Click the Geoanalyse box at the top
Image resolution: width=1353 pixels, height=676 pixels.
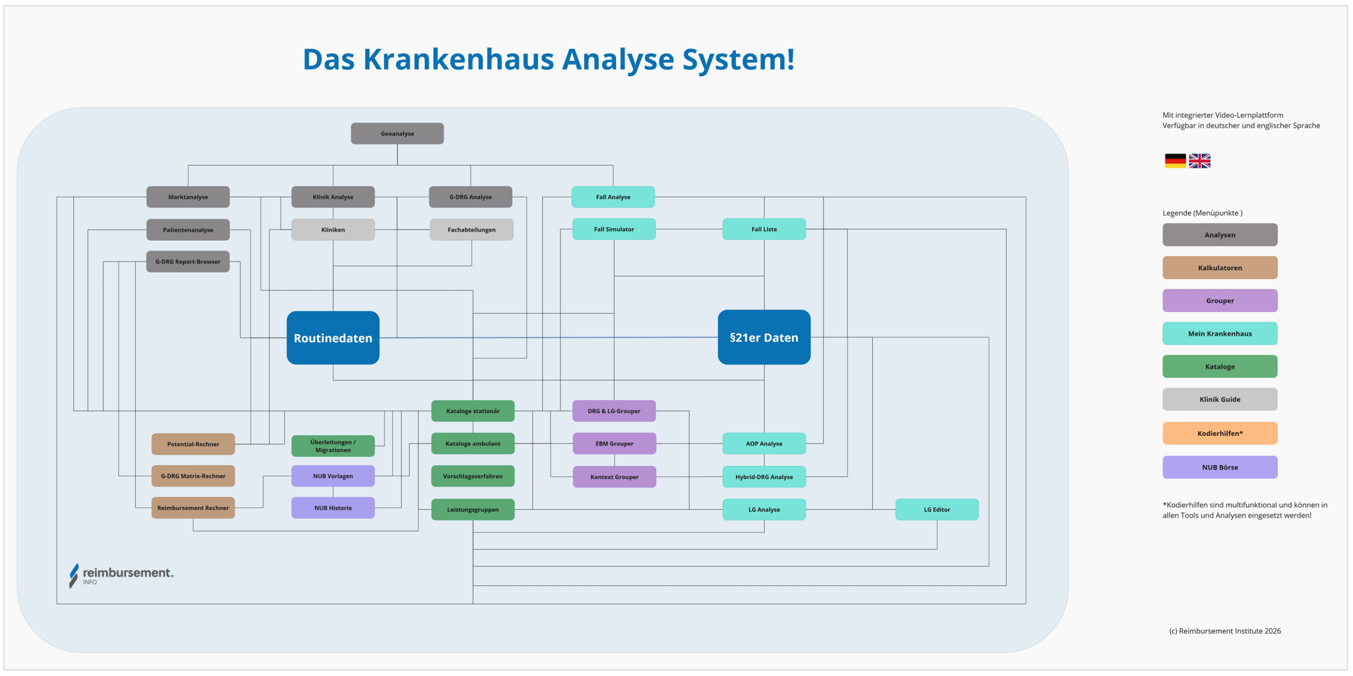(x=397, y=133)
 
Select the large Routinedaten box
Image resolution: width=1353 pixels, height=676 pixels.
(x=333, y=338)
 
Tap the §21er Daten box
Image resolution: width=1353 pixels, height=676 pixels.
(x=764, y=337)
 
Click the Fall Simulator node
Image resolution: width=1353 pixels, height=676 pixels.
(x=614, y=229)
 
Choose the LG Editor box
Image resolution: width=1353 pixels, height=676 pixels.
(x=937, y=510)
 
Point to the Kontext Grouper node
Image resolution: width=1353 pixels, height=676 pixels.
(x=614, y=477)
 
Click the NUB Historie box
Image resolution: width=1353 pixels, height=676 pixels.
(x=333, y=508)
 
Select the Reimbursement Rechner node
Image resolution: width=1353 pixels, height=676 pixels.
(x=193, y=508)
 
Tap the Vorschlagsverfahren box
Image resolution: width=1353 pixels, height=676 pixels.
(x=472, y=476)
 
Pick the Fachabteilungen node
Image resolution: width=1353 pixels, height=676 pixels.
(x=471, y=229)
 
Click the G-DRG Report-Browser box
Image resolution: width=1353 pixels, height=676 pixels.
(x=188, y=262)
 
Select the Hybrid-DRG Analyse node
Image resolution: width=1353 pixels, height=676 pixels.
(x=764, y=477)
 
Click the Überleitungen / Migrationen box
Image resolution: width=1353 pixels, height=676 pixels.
(x=333, y=446)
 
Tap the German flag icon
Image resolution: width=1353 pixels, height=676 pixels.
(x=1175, y=161)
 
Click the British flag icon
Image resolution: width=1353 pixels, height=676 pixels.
(x=1199, y=161)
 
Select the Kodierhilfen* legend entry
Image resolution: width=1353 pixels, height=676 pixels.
(x=1220, y=433)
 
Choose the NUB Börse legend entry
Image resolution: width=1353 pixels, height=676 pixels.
(x=1220, y=467)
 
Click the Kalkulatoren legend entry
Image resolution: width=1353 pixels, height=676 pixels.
(x=1220, y=268)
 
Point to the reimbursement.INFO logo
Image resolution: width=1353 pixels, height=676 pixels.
(x=122, y=575)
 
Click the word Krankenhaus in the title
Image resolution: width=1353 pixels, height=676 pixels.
(x=458, y=59)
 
